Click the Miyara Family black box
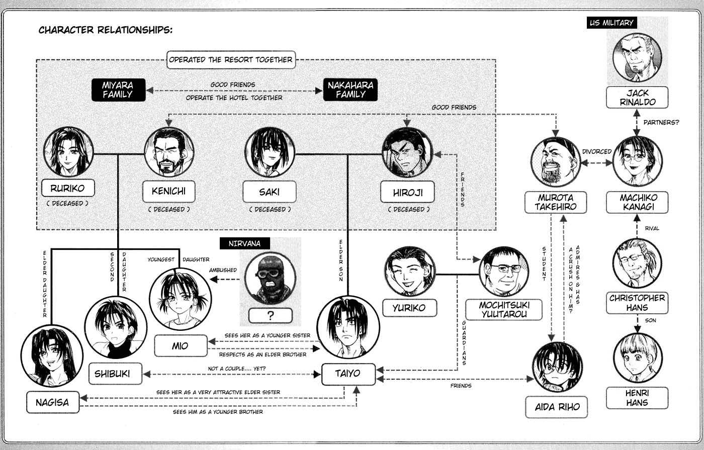point(118,89)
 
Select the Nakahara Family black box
point(350,89)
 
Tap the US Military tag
point(611,23)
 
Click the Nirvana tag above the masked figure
point(245,243)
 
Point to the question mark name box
point(271,316)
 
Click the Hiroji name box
point(408,192)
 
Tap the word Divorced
point(597,151)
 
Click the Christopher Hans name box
point(637,303)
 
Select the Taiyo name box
point(348,374)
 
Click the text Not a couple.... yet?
point(237,369)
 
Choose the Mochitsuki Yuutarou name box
point(503,310)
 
